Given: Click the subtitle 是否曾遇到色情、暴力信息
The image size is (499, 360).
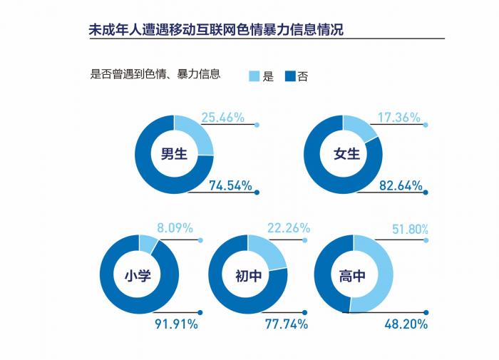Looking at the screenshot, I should click(x=155, y=73).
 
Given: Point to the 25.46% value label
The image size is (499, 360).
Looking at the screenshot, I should click(x=222, y=117).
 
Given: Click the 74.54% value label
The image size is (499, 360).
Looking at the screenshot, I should click(x=230, y=186).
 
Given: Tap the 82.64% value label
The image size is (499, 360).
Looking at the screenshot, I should click(x=400, y=186).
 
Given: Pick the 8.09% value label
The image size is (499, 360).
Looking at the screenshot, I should click(x=175, y=230).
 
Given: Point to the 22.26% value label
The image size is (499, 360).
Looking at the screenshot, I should click(x=288, y=228).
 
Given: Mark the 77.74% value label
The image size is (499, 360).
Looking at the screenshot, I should click(x=286, y=324).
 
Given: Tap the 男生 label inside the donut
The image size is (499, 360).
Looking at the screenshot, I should click(x=174, y=154).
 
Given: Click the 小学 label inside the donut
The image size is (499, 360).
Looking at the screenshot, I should click(x=139, y=275).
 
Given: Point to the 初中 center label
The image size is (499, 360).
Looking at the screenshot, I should click(x=249, y=275).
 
